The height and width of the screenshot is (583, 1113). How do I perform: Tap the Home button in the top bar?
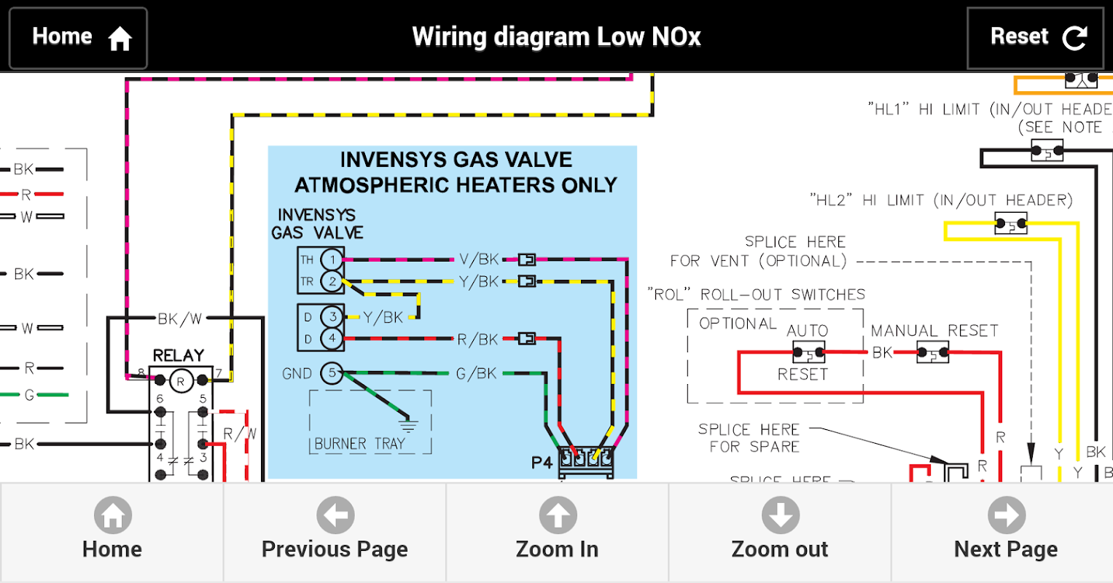pos(78,38)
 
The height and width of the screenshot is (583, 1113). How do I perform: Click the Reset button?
pos(1035,38)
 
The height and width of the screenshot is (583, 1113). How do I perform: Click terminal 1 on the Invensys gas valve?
pos(332,259)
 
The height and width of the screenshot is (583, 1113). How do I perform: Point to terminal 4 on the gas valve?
pos(332,338)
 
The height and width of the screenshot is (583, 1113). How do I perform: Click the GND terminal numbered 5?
pos(332,373)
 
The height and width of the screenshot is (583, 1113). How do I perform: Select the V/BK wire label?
pos(479,259)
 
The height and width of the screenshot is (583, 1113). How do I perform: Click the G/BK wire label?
pos(477,374)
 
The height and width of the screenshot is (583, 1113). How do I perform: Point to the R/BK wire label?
pos(477,339)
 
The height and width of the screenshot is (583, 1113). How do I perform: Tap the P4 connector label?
pos(542,463)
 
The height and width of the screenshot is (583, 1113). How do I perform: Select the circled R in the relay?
pos(181,380)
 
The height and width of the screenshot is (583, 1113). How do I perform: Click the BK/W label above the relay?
pos(179,318)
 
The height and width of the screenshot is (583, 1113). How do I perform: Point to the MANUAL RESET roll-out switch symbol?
pos(933,353)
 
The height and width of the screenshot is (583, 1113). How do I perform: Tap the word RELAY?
pos(178,356)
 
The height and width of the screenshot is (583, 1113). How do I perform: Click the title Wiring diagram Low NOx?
pos(556,36)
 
